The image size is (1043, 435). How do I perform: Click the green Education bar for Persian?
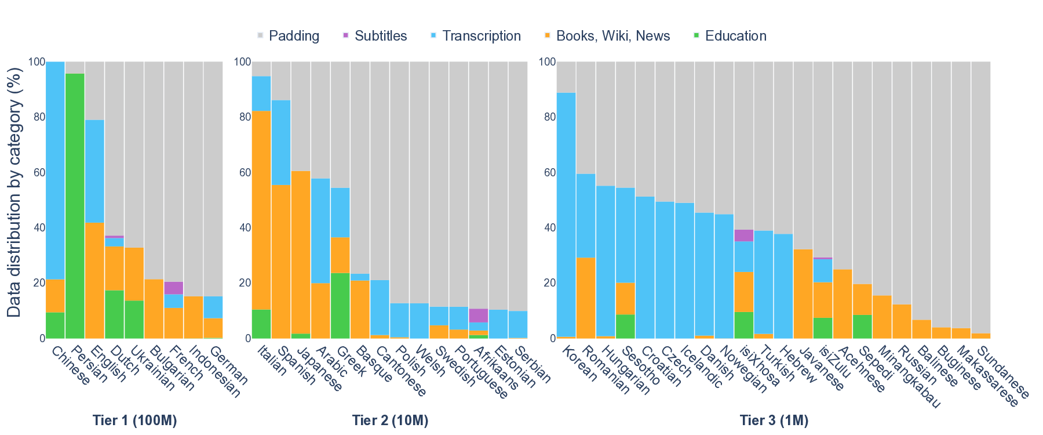coord(75,206)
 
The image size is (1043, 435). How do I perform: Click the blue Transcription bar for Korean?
coord(566,215)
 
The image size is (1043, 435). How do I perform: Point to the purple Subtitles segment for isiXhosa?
coord(743,235)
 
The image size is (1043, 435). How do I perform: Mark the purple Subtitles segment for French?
coord(174,288)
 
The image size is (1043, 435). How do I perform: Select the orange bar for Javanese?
coord(803,293)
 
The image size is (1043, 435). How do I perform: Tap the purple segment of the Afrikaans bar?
coord(478,315)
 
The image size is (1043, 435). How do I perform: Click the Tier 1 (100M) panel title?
coord(134,420)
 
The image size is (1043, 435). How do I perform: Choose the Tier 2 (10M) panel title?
coord(390,420)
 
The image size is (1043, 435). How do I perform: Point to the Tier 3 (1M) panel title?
coord(774,420)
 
